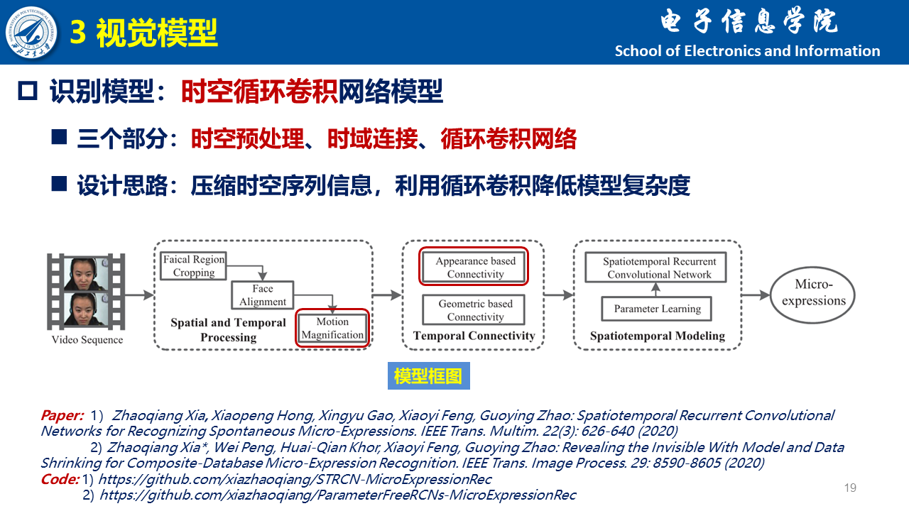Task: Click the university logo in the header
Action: (x=31, y=32)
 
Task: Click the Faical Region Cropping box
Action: (x=194, y=266)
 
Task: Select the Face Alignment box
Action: (x=263, y=295)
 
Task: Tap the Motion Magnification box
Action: (x=332, y=328)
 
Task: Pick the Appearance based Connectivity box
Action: (x=474, y=267)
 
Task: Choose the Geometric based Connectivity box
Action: (x=474, y=310)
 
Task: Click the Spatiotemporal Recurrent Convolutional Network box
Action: (x=655, y=268)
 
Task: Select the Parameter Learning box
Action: (x=657, y=309)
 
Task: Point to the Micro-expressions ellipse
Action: (x=813, y=295)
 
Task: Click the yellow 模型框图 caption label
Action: (x=428, y=376)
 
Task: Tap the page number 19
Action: (x=850, y=488)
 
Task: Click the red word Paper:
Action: (x=62, y=415)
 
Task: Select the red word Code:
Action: (x=60, y=479)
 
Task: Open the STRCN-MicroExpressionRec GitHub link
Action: (x=295, y=480)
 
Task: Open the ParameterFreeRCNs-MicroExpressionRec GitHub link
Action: (x=337, y=495)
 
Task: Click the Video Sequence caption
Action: (x=87, y=340)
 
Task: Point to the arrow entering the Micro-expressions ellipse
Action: (x=756, y=295)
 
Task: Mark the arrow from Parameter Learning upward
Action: (x=655, y=290)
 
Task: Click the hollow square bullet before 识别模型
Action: (x=28, y=90)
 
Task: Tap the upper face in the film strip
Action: (x=86, y=274)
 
